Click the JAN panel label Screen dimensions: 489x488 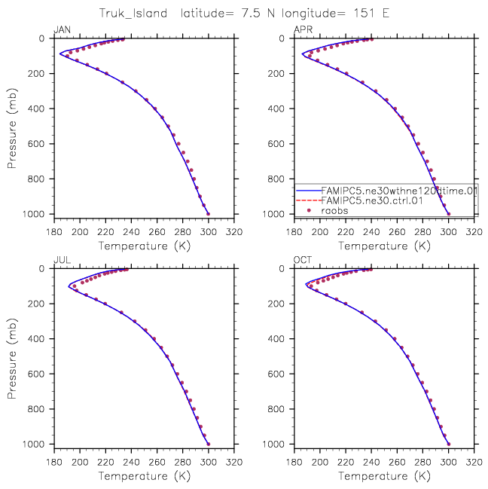coord(61,30)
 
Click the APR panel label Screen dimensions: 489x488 coord(301,30)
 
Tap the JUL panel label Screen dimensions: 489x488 coord(60,261)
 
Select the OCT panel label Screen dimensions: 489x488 coord(301,261)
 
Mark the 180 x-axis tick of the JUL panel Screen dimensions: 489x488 coord(54,462)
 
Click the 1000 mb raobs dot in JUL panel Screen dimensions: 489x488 coord(209,444)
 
